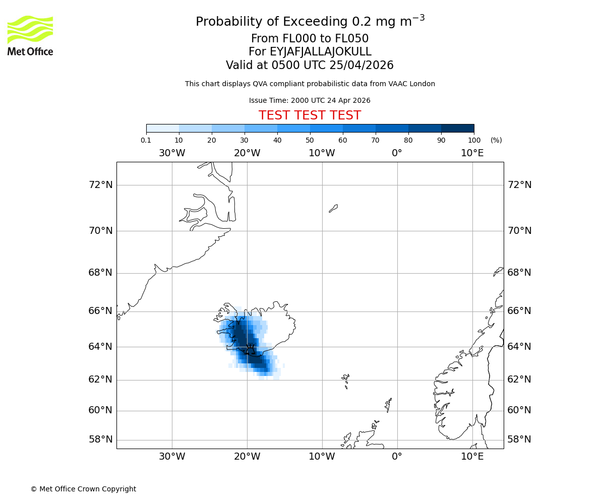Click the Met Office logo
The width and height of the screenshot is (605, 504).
point(30,35)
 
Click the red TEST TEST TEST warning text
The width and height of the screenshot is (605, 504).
point(310,115)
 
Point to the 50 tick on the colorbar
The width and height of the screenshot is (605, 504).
point(310,140)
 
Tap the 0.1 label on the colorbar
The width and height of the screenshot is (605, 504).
point(146,140)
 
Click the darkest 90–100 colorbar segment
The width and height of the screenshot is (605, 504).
point(457,128)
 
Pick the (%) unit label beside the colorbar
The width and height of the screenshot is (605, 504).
point(496,140)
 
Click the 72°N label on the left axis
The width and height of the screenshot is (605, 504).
point(101,185)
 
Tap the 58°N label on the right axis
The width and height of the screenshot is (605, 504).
point(519,439)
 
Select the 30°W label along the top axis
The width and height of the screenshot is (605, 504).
point(172,153)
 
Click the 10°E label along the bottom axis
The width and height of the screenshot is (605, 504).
point(472,457)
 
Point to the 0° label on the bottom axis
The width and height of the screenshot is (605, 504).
point(397,457)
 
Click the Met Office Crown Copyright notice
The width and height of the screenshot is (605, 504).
point(83,489)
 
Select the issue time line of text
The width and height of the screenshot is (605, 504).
point(310,100)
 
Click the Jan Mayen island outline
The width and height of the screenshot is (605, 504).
point(333,208)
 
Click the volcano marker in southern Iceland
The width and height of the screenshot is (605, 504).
point(250,348)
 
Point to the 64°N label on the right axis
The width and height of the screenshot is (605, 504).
point(519,347)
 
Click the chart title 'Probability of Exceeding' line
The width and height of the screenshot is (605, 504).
point(310,22)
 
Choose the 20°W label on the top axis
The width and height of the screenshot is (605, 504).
point(247,153)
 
